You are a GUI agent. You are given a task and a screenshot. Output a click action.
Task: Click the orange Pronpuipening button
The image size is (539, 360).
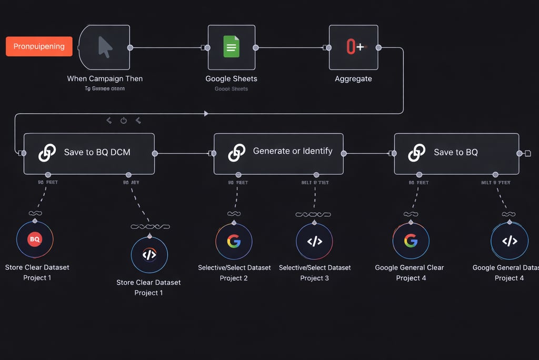tap(38, 46)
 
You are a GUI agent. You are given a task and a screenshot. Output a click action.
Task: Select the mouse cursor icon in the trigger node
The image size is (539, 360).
tap(105, 47)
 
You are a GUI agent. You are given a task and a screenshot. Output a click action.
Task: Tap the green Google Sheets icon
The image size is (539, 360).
tap(231, 47)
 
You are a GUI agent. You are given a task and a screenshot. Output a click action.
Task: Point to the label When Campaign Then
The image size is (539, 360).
tap(105, 78)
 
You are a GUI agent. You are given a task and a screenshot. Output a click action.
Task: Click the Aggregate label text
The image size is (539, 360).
tap(353, 78)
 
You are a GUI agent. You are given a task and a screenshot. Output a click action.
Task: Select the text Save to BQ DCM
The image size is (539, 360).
tap(97, 152)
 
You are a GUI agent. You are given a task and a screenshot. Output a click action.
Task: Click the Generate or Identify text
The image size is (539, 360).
tap(293, 151)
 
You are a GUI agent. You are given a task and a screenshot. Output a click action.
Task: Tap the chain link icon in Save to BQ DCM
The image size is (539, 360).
tap(47, 153)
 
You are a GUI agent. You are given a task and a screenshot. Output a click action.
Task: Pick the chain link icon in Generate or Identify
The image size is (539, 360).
tap(237, 153)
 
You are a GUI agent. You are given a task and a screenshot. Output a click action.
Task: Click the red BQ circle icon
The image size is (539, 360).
tap(35, 239)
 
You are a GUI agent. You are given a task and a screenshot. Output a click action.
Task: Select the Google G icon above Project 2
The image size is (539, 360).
tap(234, 241)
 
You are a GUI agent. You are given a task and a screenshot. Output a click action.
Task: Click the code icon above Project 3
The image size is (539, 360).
tap(314, 242)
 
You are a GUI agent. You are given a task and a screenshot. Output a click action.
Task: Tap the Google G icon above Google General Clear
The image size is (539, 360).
tap(411, 241)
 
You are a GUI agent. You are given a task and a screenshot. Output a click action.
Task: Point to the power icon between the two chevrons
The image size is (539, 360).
tap(124, 121)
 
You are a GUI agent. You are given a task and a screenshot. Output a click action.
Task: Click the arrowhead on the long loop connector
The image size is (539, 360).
tap(206, 113)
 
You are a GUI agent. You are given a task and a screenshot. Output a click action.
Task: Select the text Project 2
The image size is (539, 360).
tap(234, 278)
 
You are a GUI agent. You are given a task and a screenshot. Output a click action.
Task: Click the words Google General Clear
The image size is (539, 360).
tap(409, 267)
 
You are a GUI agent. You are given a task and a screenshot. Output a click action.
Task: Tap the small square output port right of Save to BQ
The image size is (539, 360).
tap(527, 153)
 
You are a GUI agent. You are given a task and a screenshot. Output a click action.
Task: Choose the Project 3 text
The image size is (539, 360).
tap(314, 278)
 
